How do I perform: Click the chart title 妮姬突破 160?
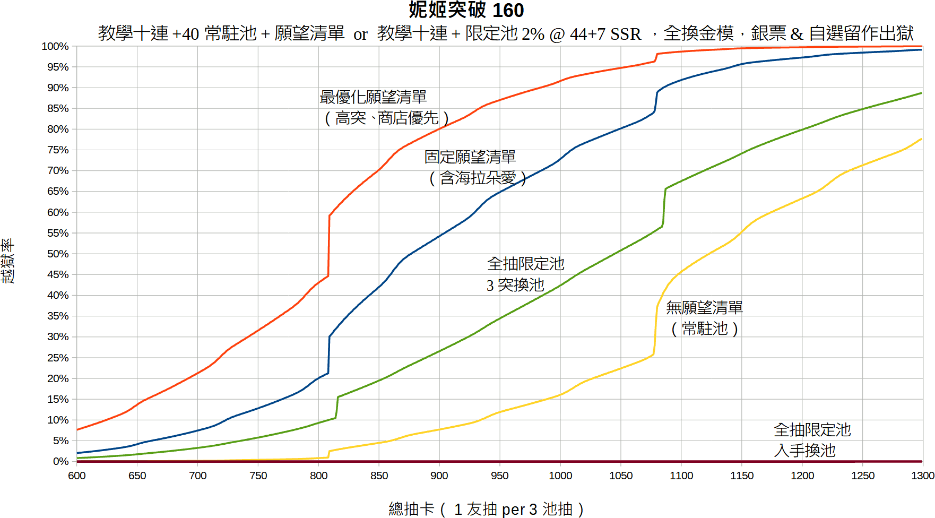(466, 10)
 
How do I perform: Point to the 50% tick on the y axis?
(58, 254)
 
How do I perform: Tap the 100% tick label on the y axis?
(55, 47)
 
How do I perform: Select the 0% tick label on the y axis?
(60, 461)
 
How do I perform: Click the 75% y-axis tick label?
(58, 150)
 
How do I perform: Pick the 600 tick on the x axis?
(77, 476)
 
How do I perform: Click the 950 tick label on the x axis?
(499, 476)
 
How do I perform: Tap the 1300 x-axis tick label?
(922, 476)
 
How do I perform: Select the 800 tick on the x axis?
(318, 476)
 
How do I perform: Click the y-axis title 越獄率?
(8, 261)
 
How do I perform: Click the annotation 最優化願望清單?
(373, 97)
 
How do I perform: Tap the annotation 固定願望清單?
(470, 157)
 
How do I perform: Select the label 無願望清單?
(704, 308)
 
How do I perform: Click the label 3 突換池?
(515, 285)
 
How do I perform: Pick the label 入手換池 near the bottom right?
(804, 451)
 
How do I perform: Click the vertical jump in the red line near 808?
(329, 245)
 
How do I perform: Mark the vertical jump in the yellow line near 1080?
(655, 329)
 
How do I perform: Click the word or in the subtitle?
(361, 34)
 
